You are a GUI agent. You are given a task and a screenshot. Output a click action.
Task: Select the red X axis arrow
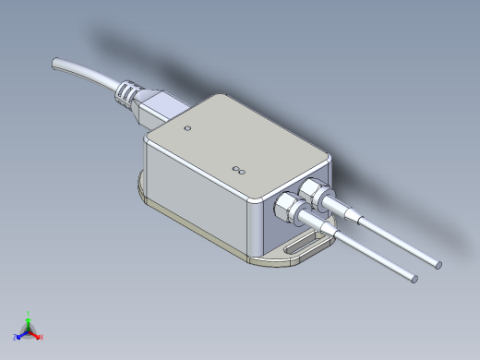pos(36,334)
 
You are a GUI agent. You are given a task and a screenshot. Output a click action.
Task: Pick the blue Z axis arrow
pos(22,333)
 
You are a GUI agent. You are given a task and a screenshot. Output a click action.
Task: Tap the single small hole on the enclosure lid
pos(188,128)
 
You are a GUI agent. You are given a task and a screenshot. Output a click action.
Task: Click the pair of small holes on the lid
pos(239,170)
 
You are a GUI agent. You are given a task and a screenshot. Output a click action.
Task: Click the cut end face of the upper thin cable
pos(438,266)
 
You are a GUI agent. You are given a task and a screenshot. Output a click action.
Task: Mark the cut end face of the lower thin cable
pos(414,278)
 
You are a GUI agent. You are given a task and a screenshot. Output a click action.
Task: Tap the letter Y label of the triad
pos(30,313)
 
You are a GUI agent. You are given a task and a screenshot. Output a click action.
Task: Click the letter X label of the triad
pos(42,337)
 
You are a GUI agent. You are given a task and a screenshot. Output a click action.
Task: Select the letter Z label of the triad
pos(17,337)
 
